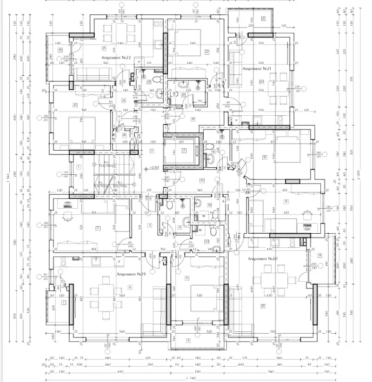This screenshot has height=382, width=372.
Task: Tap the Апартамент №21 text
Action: [x=256, y=68]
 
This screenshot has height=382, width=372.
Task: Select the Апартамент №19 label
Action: [x=131, y=275]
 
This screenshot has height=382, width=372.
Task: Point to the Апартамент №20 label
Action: [x=263, y=258]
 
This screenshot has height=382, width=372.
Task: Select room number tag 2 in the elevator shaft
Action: [x=184, y=150]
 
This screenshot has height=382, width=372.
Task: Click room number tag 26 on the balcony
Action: [x=60, y=49]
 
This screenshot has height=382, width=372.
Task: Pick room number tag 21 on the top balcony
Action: [x=263, y=18]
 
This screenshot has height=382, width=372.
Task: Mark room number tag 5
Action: [x=98, y=228]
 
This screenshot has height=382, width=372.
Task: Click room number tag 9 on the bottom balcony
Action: [x=188, y=340]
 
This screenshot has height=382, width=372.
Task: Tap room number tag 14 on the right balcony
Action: [x=320, y=255]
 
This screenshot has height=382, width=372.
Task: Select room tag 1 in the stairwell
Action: [x=79, y=166]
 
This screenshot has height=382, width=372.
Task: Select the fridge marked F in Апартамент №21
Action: [x=236, y=120]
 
